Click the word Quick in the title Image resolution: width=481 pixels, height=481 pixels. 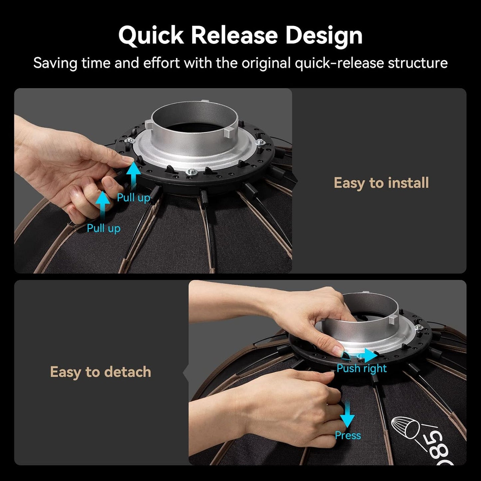[151, 36]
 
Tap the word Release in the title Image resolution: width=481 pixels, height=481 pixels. [235, 35]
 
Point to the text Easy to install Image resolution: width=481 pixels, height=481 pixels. [381, 183]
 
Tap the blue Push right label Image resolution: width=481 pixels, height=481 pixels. [361, 369]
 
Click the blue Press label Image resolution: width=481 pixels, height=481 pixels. [348, 436]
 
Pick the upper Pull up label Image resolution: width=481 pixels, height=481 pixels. [133, 198]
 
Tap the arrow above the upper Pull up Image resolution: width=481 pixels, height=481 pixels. [133, 176]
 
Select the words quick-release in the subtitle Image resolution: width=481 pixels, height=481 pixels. [339, 63]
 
